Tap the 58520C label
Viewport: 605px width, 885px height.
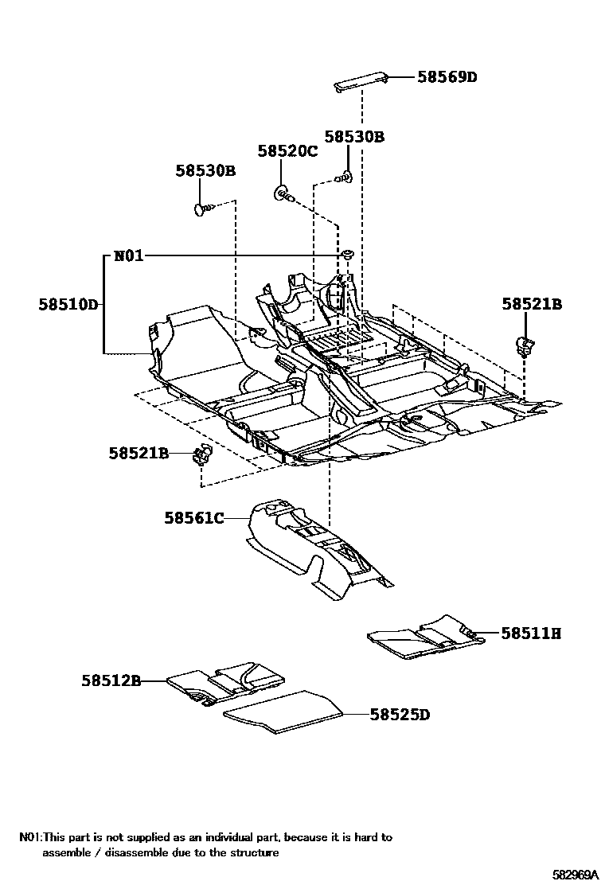287,151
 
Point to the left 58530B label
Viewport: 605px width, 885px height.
205,170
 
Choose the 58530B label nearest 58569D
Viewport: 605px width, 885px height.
354,137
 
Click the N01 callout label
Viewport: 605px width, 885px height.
128,255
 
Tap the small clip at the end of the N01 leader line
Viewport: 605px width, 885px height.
349,254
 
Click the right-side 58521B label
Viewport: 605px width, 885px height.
532,304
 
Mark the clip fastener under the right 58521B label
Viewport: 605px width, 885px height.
525,344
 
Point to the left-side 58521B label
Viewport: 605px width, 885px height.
139,453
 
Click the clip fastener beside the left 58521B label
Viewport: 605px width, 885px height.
202,455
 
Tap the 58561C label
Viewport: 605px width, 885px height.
194,518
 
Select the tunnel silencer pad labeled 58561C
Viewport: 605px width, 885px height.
310,549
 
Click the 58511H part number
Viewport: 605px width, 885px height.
531,634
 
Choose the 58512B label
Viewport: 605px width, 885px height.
111,680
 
